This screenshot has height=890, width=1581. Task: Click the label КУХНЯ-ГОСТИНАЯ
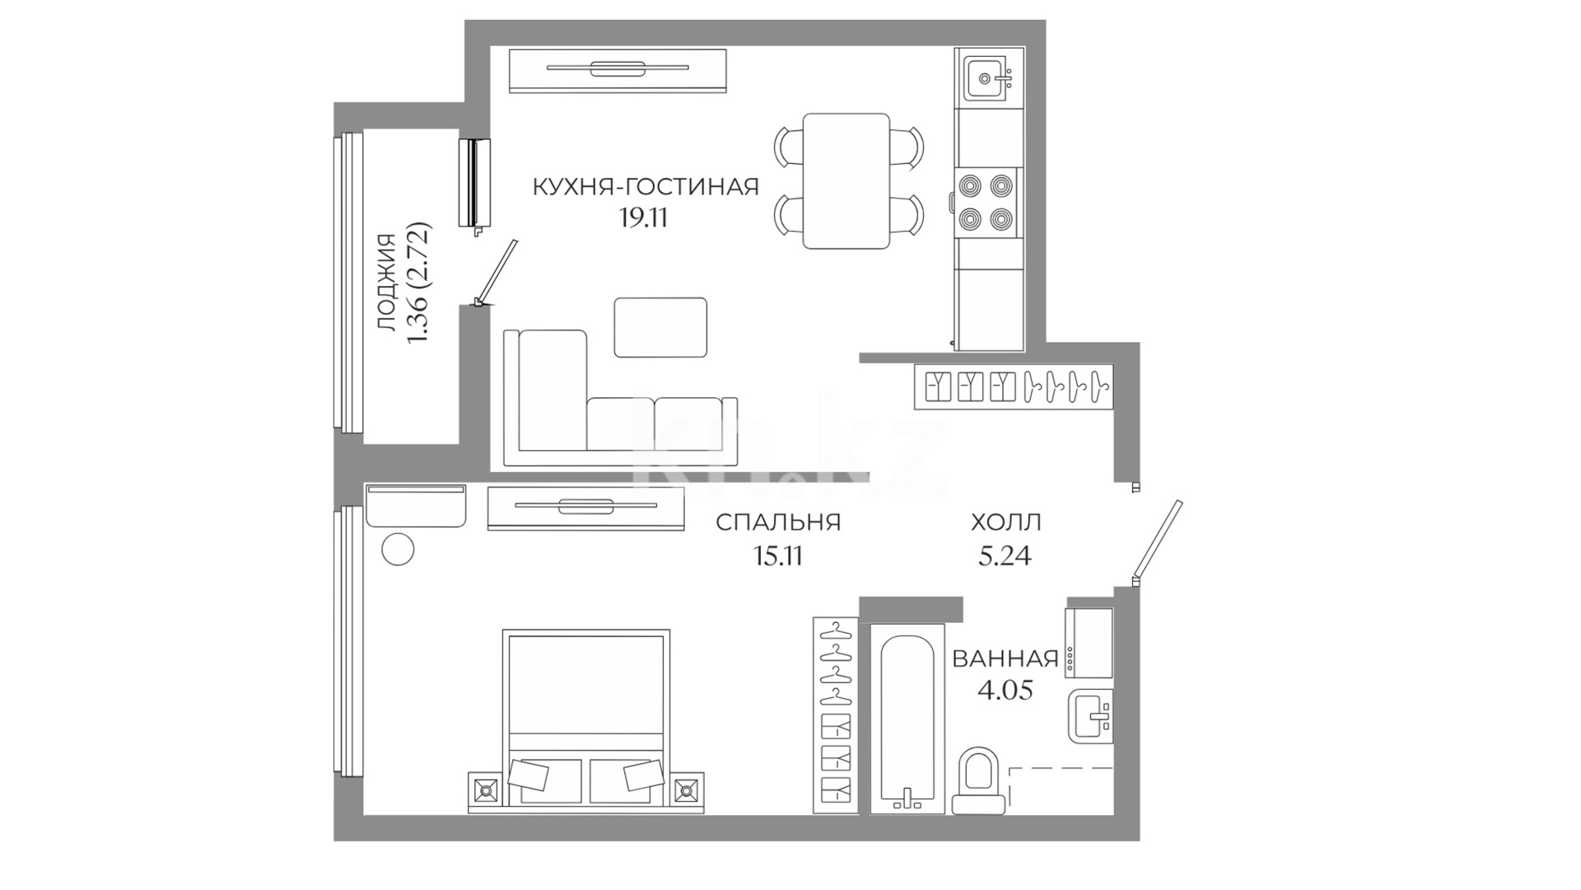click(x=646, y=187)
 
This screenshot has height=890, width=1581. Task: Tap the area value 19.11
click(x=643, y=218)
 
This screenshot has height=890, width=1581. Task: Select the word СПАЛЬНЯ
click(x=778, y=522)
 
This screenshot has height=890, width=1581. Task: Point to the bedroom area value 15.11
click(x=778, y=556)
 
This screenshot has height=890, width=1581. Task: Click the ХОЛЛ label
click(x=1005, y=522)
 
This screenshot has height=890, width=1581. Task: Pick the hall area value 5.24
click(x=1005, y=556)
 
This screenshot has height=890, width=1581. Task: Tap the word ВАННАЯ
click(x=1005, y=658)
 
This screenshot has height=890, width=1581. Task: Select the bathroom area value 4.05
click(x=1005, y=690)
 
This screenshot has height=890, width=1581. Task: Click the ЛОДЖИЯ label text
click(x=386, y=283)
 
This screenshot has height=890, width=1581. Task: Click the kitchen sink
click(x=988, y=79)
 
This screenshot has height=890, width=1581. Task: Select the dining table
click(x=846, y=181)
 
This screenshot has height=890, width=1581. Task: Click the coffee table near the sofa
click(x=660, y=327)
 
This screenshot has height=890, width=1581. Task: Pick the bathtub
click(x=907, y=719)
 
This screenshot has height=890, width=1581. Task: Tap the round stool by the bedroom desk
click(x=399, y=549)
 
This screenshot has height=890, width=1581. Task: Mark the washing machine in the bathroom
click(x=1089, y=643)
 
